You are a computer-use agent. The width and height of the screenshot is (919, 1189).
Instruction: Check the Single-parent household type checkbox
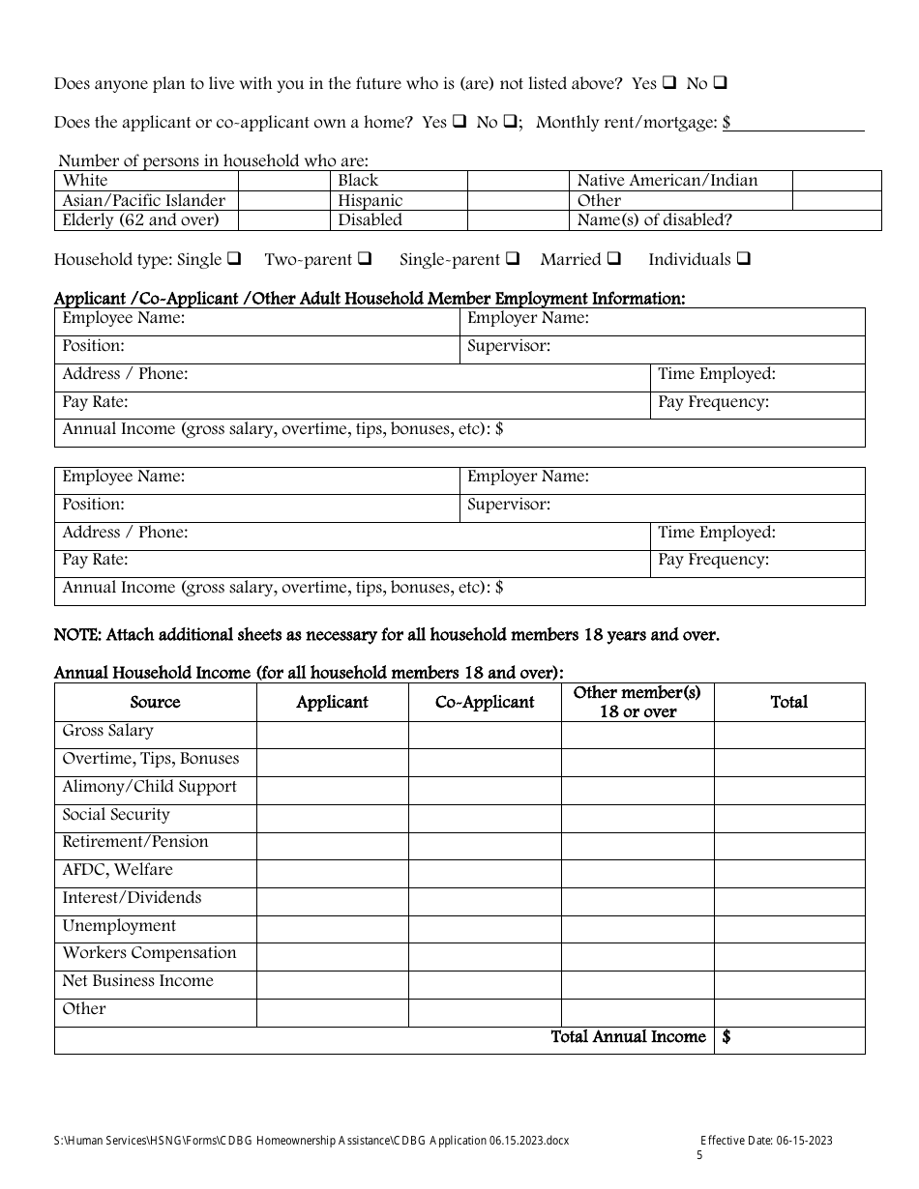pyautogui.click(x=513, y=259)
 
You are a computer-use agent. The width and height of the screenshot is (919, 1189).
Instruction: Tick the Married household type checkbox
pyautogui.click(x=613, y=259)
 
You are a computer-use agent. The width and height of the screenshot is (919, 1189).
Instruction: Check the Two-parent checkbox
pyautogui.click(x=365, y=259)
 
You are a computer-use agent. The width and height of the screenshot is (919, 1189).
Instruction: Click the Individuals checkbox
pyautogui.click(x=744, y=259)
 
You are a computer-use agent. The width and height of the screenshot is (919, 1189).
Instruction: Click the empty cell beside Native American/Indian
pyautogui.click(x=836, y=181)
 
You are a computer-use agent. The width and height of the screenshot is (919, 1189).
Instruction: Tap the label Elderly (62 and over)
pyautogui.click(x=140, y=220)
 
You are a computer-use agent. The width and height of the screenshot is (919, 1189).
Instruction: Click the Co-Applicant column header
pyautogui.click(x=485, y=703)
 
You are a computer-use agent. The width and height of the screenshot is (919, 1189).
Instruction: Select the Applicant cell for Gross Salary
pyautogui.click(x=332, y=735)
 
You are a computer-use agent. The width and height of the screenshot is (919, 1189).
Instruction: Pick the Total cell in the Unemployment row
pyautogui.click(x=788, y=929)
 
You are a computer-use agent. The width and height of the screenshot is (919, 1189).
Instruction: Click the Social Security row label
pyautogui.click(x=116, y=815)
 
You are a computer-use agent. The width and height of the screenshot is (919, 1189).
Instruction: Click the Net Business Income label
pyautogui.click(x=137, y=981)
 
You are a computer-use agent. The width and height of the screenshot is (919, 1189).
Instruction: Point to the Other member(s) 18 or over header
pyautogui.click(x=637, y=703)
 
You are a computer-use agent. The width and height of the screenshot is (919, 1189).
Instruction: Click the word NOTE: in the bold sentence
pyautogui.click(x=76, y=635)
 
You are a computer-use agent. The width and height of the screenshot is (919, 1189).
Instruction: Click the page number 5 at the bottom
pyautogui.click(x=699, y=1155)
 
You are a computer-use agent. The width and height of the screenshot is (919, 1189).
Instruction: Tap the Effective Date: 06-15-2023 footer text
pyautogui.click(x=765, y=1141)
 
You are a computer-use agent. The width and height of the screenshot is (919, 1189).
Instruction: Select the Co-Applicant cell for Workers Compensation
pyautogui.click(x=485, y=957)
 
